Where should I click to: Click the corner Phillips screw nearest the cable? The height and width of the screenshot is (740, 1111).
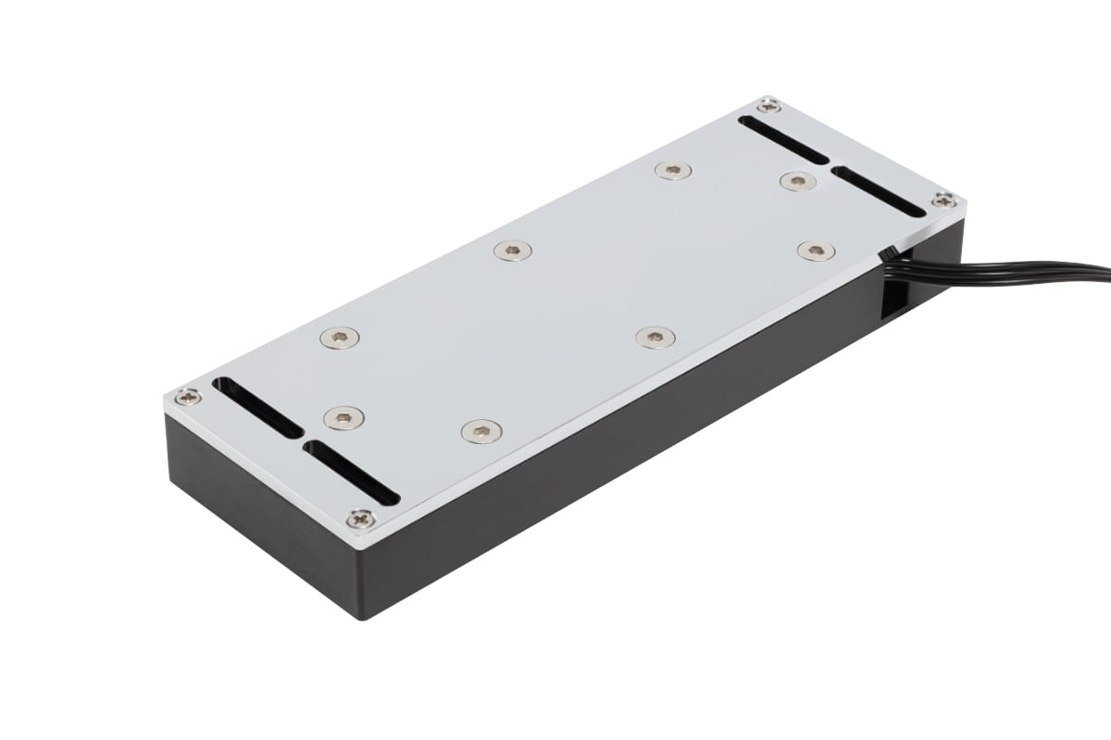click(943, 200)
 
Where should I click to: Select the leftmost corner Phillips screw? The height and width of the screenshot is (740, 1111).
click(188, 397)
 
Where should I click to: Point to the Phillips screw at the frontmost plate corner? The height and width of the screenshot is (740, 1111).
click(360, 519)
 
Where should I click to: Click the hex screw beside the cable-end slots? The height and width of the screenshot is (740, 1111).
click(797, 181)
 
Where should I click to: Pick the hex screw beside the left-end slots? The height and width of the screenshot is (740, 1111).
click(343, 418)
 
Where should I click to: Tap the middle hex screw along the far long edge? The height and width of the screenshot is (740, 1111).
click(513, 251)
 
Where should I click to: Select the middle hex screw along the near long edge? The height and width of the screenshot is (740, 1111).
click(655, 338)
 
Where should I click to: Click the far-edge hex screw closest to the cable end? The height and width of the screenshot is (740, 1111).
click(673, 170)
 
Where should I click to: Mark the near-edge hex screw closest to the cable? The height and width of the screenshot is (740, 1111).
click(816, 251)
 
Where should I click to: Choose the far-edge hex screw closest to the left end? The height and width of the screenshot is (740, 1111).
click(340, 339)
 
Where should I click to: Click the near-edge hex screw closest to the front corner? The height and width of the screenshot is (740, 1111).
click(481, 431)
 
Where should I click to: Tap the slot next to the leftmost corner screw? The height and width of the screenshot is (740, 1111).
click(257, 407)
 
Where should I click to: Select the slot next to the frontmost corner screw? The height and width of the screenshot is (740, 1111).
click(352, 472)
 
